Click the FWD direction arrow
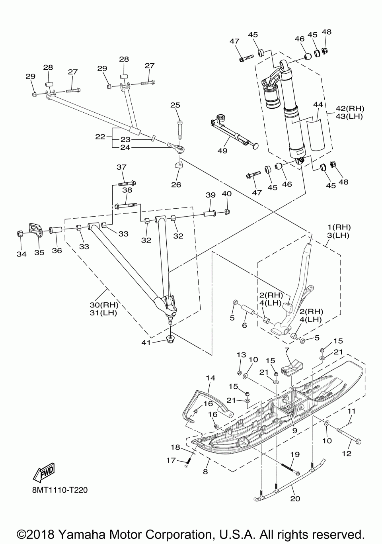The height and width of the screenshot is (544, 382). point(43,472)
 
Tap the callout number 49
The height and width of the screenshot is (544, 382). point(222,151)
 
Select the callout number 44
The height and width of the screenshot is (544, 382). point(318,104)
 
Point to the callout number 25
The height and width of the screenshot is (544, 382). point(175,105)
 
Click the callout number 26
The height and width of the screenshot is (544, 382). point(176,184)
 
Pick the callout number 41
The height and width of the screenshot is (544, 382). point(146,342)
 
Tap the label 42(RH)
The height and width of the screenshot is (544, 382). point(350,108)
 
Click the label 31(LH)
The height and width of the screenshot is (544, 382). point(103,313)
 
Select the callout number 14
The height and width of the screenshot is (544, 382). point(210,378)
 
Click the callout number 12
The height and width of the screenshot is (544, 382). point(347,453)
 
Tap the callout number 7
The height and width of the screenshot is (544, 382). point(287,350)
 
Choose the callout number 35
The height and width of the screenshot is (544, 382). point(39,252)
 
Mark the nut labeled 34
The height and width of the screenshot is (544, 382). point(20,234)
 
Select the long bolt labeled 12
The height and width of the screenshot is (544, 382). point(349,435)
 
